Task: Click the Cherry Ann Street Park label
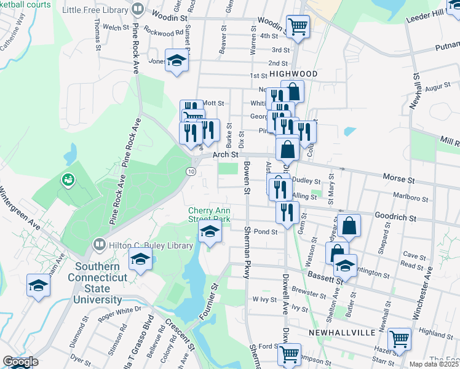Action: [x=209, y=214]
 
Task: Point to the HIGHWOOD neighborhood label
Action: [x=293, y=74]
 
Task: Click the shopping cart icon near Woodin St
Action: [x=298, y=27]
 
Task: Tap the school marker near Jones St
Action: [x=177, y=61]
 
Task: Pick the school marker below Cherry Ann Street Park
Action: [x=210, y=233]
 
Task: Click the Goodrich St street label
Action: [x=396, y=218]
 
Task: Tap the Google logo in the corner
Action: [x=20, y=362]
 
